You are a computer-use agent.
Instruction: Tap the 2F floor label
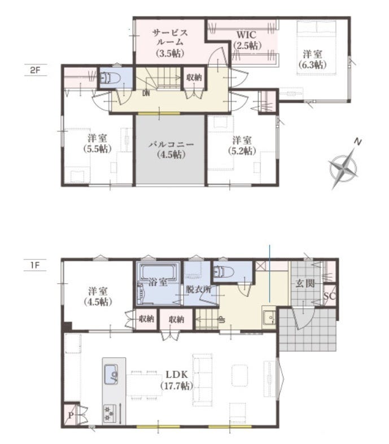pyautogui.click(x=35, y=70)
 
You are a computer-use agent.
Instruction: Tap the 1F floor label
pyautogui.click(x=34, y=265)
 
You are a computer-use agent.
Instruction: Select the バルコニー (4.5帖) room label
pyautogui.click(x=171, y=150)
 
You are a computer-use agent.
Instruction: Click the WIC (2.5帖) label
pyautogui.click(x=247, y=40)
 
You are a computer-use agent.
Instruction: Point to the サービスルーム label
pyautogui.click(x=170, y=43)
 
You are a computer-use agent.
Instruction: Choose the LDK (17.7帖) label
pyautogui.click(x=177, y=380)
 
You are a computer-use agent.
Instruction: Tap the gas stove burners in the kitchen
pyautogui.click(x=110, y=412)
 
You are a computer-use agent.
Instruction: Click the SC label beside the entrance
pyautogui.click(x=330, y=296)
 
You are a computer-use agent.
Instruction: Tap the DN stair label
pyautogui.click(x=146, y=93)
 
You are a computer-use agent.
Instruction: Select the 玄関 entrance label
pyautogui.click(x=305, y=283)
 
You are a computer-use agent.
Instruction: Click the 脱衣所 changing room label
pyautogui.click(x=199, y=289)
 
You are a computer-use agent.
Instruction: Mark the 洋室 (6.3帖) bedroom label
pyautogui.click(x=312, y=59)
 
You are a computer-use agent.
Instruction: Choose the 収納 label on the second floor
pyautogui.click(x=194, y=77)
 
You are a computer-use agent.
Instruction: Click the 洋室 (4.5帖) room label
pyautogui.click(x=98, y=296)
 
